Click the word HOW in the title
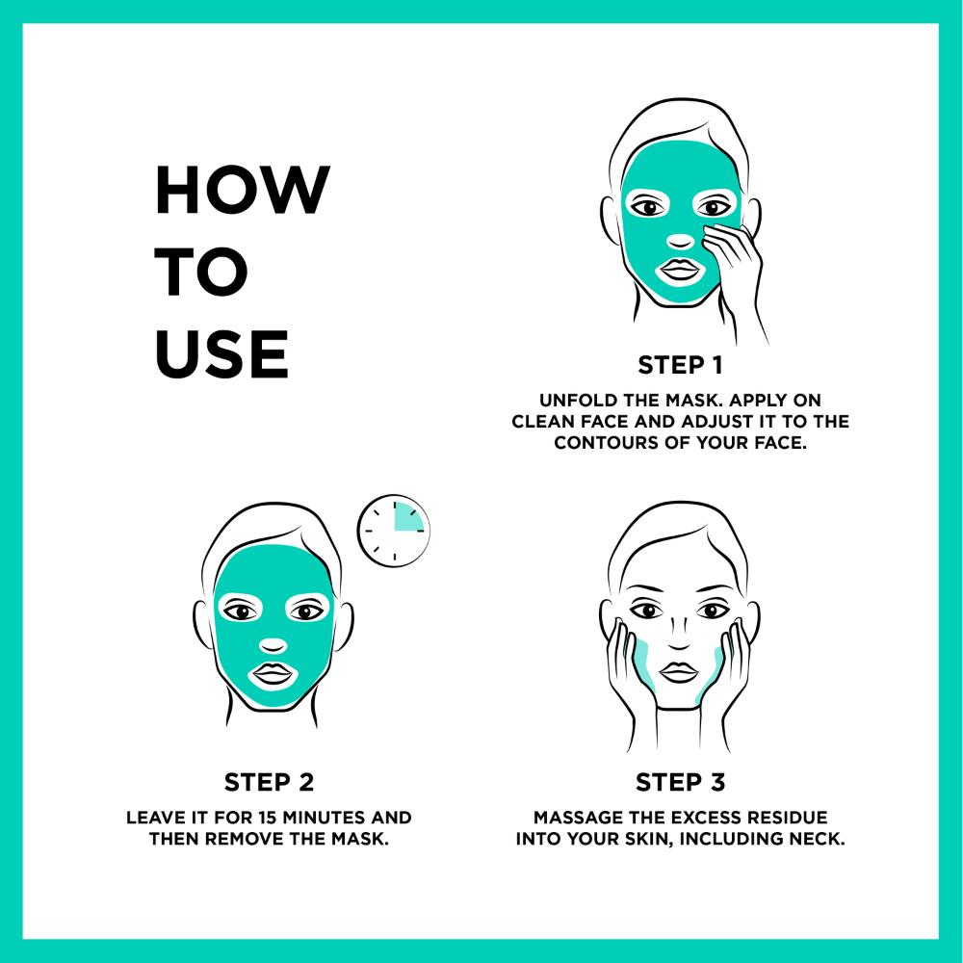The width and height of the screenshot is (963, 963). click(243, 190)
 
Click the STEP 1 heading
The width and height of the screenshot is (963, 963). click(680, 365)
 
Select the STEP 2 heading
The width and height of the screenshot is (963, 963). click(269, 782)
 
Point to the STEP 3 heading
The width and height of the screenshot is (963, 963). click(680, 782)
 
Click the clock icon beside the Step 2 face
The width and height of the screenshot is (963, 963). click(394, 531)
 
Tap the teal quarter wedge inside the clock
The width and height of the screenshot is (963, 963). click(406, 518)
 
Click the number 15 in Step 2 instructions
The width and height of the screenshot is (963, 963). click(267, 818)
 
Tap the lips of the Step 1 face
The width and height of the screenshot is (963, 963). click(680, 270)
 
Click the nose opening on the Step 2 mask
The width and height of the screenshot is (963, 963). click(273, 646)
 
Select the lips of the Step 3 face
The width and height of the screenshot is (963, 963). click(679, 672)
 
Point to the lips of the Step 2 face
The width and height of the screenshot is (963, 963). click(273, 674)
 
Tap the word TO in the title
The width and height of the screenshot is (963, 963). click(201, 272)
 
